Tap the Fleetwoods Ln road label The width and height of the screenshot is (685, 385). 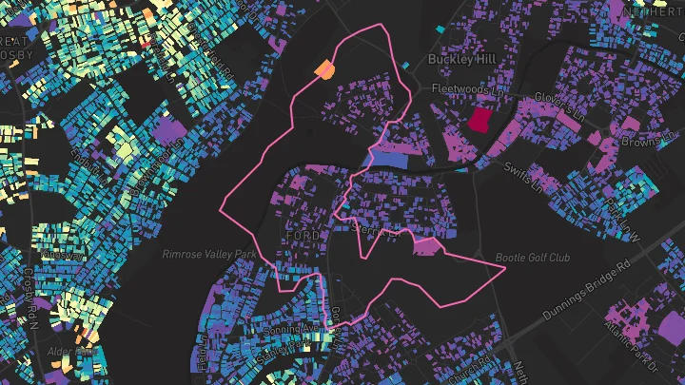[x=466, y=89]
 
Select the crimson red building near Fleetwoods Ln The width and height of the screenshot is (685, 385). [x=478, y=120]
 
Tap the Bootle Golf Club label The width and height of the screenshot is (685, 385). [x=532, y=258]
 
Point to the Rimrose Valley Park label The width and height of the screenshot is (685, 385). [x=209, y=255]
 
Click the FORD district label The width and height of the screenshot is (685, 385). [x=302, y=235]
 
